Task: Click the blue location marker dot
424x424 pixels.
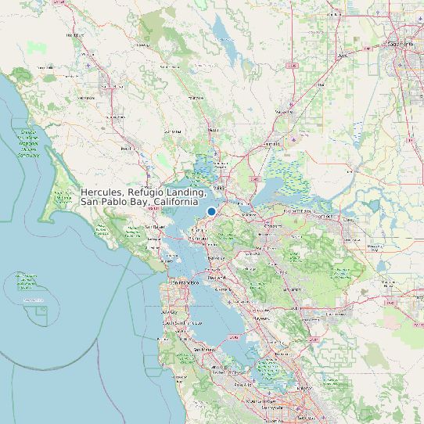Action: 211,211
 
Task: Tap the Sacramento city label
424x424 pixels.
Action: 404,44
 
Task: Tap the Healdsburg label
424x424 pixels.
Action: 76,35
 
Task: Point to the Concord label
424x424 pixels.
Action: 273,225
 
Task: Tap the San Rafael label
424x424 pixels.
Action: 153,227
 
